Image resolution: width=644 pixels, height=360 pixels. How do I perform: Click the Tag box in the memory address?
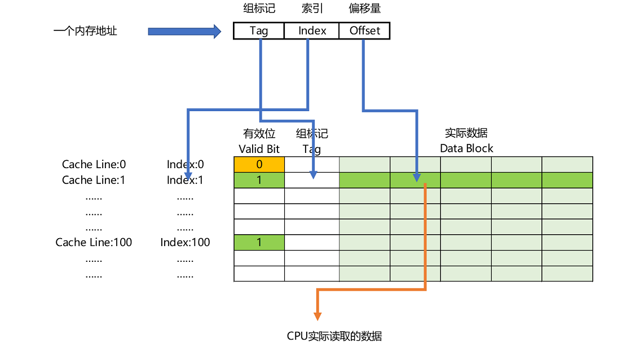tap(258, 30)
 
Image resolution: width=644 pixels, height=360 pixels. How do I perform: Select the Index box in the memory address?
tap(312, 30)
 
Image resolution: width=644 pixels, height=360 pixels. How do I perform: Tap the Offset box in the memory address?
tap(364, 30)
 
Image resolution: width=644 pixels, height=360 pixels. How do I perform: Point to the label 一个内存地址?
tap(85, 31)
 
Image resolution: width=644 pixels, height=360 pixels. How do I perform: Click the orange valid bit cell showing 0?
tap(259, 164)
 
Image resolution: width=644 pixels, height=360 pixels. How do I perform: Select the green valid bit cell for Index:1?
tap(259, 180)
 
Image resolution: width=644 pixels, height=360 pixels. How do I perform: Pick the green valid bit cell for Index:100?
tap(259, 243)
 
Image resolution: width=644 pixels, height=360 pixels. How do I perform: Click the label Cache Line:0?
tap(94, 164)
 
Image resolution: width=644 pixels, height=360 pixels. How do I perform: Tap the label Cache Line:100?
tap(94, 243)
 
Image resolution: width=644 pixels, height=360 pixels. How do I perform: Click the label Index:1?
tap(185, 180)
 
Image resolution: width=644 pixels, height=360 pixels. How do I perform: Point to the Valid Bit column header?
tap(259, 149)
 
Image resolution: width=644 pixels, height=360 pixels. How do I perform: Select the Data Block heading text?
tap(466, 149)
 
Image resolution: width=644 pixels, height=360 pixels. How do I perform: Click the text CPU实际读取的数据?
tap(334, 336)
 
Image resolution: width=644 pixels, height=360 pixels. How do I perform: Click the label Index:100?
tap(185, 243)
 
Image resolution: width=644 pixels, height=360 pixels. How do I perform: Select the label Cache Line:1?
tap(94, 180)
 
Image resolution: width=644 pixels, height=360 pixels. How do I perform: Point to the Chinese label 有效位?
tap(259, 134)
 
